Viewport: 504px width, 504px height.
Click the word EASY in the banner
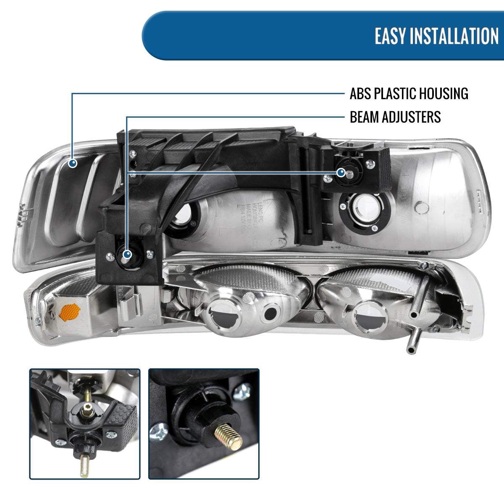[x=390, y=36]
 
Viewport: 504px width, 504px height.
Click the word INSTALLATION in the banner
[x=454, y=36]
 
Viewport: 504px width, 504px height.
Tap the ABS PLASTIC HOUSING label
[x=409, y=93]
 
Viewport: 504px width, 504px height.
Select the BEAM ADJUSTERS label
[x=395, y=117]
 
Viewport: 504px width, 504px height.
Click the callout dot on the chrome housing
[x=73, y=163]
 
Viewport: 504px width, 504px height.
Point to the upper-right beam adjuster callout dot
[x=341, y=172]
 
